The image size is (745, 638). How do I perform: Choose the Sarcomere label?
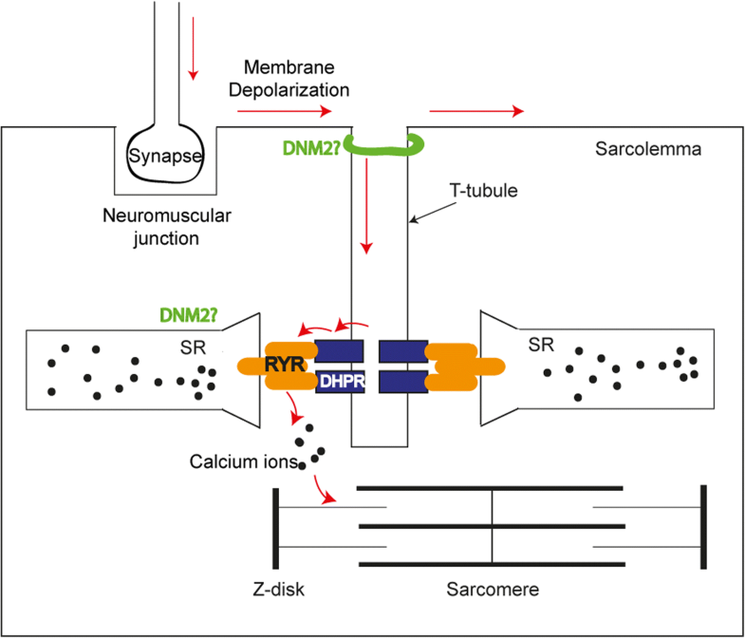tap(492, 590)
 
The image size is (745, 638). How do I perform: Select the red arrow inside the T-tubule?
tap(365, 227)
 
